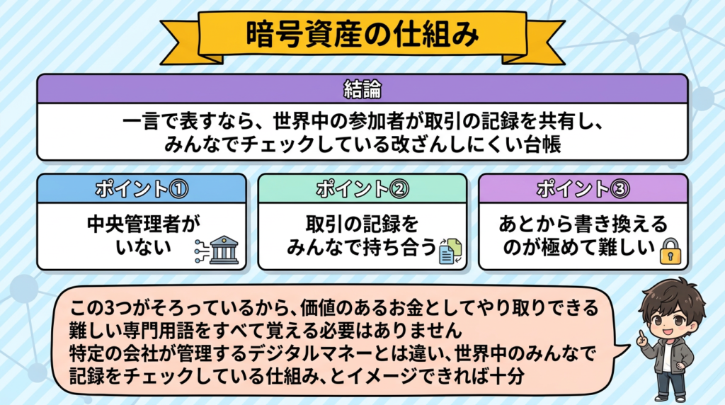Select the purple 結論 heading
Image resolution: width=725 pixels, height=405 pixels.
[x=362, y=89]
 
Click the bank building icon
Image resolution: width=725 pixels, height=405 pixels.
[x=223, y=251]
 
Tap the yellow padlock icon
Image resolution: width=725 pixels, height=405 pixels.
[x=669, y=251]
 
